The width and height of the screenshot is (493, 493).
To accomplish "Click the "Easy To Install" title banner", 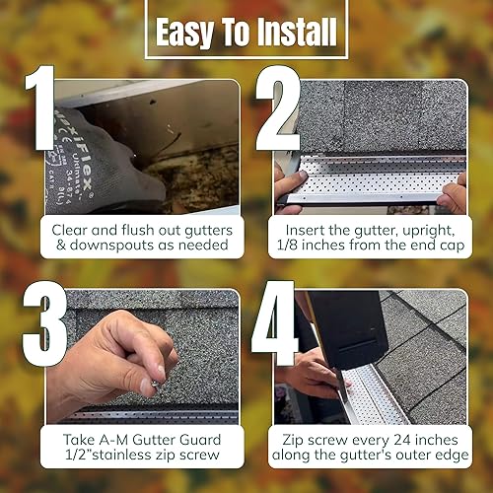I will tap(246, 33).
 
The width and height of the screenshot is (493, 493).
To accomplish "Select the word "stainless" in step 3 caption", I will tap(149, 454).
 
